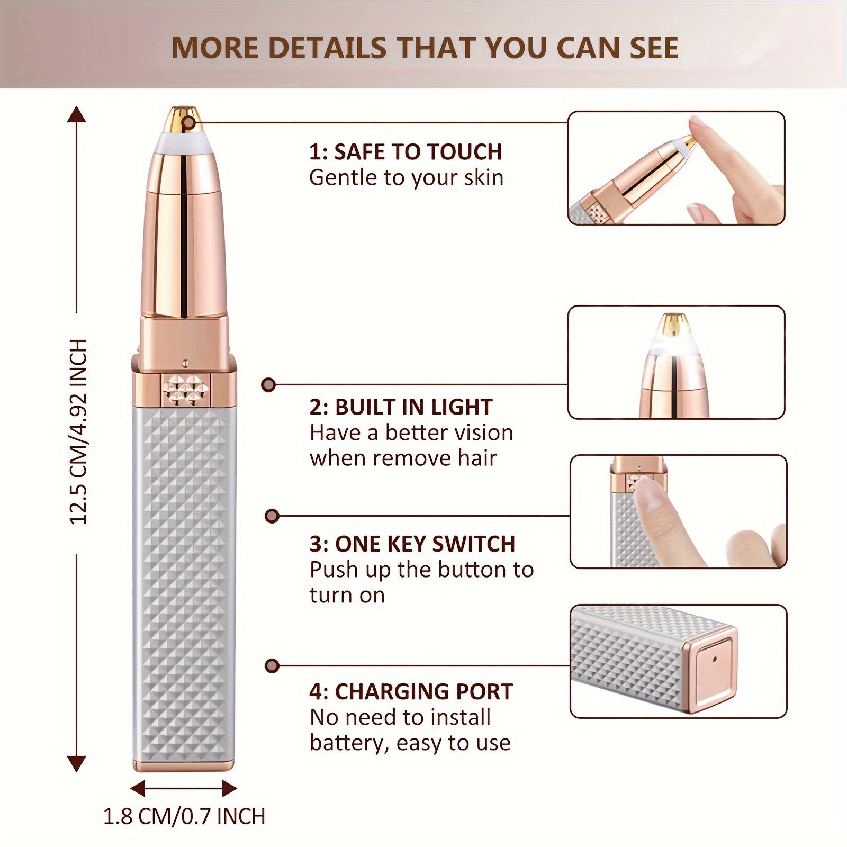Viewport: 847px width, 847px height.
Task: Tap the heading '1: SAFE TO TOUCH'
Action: pyautogui.click(x=406, y=152)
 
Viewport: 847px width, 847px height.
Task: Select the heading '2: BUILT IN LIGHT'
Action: pyautogui.click(x=401, y=407)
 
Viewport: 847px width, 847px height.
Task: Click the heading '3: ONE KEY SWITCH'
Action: pyautogui.click(x=412, y=544)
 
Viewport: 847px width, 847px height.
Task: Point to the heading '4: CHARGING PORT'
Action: pyautogui.click(x=411, y=692)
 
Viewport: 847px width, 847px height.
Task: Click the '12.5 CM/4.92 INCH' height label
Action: pyautogui.click(x=78, y=431)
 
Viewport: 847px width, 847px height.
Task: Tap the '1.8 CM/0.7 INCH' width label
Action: pyautogui.click(x=184, y=816)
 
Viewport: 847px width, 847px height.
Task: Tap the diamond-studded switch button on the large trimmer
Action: pyautogui.click(x=185, y=390)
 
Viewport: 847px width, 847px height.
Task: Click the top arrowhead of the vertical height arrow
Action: pyautogui.click(x=77, y=114)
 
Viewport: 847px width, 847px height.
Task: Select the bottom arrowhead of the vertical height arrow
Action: pyautogui.click(x=77, y=763)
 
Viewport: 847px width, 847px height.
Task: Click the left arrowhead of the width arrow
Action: pyautogui.click(x=138, y=788)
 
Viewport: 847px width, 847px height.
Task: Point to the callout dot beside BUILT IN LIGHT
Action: pyautogui.click(x=268, y=384)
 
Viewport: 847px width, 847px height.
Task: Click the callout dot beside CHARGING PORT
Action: pyautogui.click(x=272, y=665)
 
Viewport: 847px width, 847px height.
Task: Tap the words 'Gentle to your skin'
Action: pyautogui.click(x=406, y=178)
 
